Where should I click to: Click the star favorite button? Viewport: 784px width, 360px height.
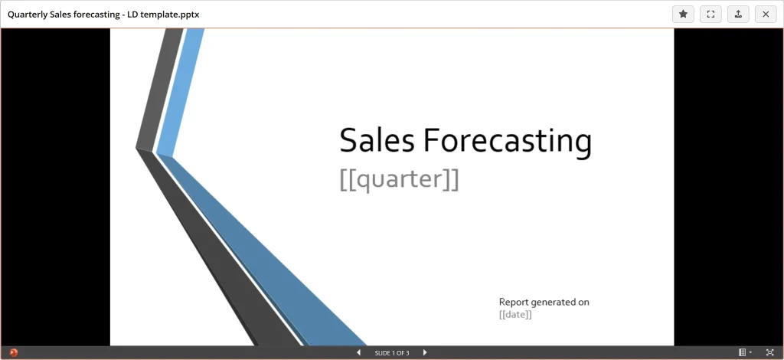point(683,14)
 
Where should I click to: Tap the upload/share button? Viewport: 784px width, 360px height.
point(738,14)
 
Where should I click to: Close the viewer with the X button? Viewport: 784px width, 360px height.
point(766,14)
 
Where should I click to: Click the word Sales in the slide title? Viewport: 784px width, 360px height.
point(377,141)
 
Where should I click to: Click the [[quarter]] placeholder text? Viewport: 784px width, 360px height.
point(399,179)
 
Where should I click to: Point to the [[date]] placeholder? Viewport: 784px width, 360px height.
point(515,315)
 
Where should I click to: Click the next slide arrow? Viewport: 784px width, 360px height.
point(425,352)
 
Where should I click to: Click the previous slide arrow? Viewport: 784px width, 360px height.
point(358,352)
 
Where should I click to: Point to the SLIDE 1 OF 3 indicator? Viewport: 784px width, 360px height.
point(392,353)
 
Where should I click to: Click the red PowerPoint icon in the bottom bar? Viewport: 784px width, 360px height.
point(13,352)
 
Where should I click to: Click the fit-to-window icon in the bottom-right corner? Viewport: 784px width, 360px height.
point(769,352)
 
